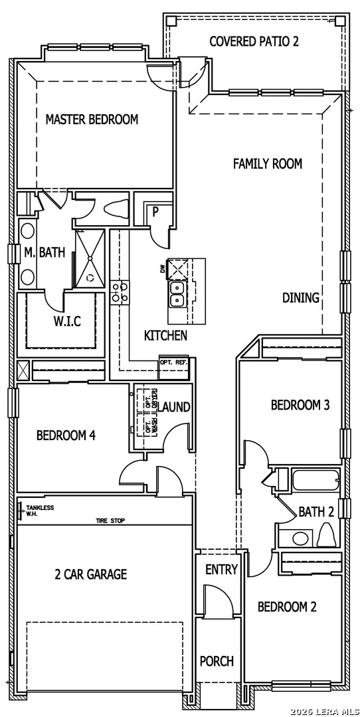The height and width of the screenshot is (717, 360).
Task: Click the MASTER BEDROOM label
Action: (x=92, y=119)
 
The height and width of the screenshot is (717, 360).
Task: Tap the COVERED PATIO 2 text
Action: (x=254, y=42)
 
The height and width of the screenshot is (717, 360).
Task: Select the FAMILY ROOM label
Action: (x=268, y=164)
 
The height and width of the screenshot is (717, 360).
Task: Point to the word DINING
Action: (x=300, y=297)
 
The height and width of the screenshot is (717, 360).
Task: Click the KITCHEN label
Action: (x=165, y=336)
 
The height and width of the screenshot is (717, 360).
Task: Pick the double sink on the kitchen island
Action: (x=177, y=294)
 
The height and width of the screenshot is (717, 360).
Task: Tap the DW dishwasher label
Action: (x=163, y=270)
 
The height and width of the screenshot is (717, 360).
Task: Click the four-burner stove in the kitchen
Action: (x=120, y=292)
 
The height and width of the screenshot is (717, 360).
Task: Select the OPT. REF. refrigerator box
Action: (x=174, y=366)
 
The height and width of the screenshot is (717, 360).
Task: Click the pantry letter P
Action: (x=155, y=212)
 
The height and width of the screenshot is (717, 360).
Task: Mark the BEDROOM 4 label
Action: (x=66, y=435)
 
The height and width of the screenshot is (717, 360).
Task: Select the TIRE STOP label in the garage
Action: (x=110, y=520)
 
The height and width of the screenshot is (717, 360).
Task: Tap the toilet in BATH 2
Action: (x=325, y=534)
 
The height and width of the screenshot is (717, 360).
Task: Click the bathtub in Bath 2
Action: (x=315, y=481)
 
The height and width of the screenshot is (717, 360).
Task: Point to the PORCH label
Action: (x=217, y=661)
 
